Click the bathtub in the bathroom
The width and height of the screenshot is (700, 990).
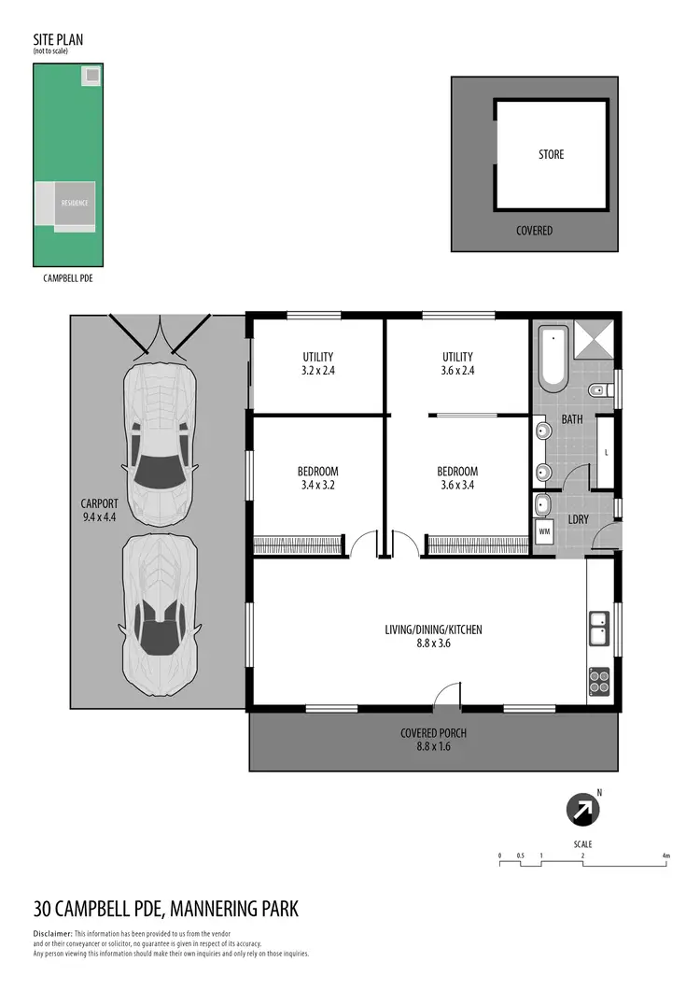click(x=552, y=358)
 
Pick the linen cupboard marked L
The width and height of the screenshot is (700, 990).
click(x=606, y=453)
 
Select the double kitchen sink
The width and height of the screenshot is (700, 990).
click(x=598, y=626)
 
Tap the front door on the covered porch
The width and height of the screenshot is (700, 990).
click(x=448, y=696)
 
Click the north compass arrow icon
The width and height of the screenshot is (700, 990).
click(x=583, y=810)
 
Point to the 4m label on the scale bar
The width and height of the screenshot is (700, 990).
click(x=665, y=856)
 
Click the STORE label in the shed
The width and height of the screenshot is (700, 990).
click(x=551, y=154)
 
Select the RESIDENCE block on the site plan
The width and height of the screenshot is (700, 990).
click(x=75, y=204)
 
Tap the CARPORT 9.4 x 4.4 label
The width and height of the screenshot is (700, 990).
click(x=100, y=509)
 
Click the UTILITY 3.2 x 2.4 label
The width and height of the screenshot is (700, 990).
click(x=317, y=363)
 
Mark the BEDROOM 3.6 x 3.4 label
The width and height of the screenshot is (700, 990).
click(x=457, y=478)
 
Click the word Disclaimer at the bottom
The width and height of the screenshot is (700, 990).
click(x=52, y=934)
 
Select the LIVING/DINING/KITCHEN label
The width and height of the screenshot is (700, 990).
click(x=433, y=636)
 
